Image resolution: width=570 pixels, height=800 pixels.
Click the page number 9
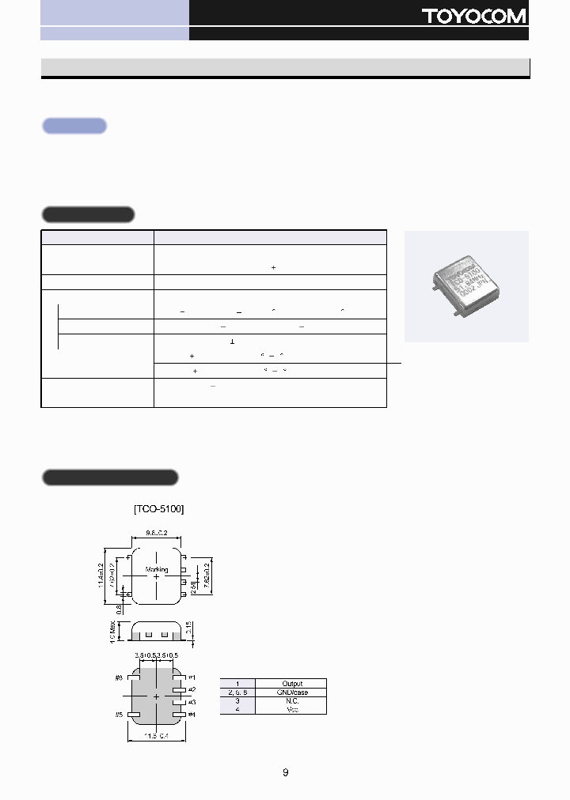(x=285, y=772)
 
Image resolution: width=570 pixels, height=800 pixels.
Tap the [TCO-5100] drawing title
(x=159, y=509)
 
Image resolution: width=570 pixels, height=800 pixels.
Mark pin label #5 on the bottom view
(x=120, y=715)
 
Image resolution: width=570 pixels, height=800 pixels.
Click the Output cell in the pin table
(x=292, y=683)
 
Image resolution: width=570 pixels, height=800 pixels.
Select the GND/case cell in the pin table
(x=292, y=692)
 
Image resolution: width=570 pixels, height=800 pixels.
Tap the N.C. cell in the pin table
(x=292, y=701)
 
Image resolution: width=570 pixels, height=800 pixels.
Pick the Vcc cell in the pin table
(x=292, y=710)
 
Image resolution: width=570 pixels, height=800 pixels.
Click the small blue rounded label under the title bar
(x=74, y=126)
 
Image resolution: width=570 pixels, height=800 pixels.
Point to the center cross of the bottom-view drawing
(x=156, y=696)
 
